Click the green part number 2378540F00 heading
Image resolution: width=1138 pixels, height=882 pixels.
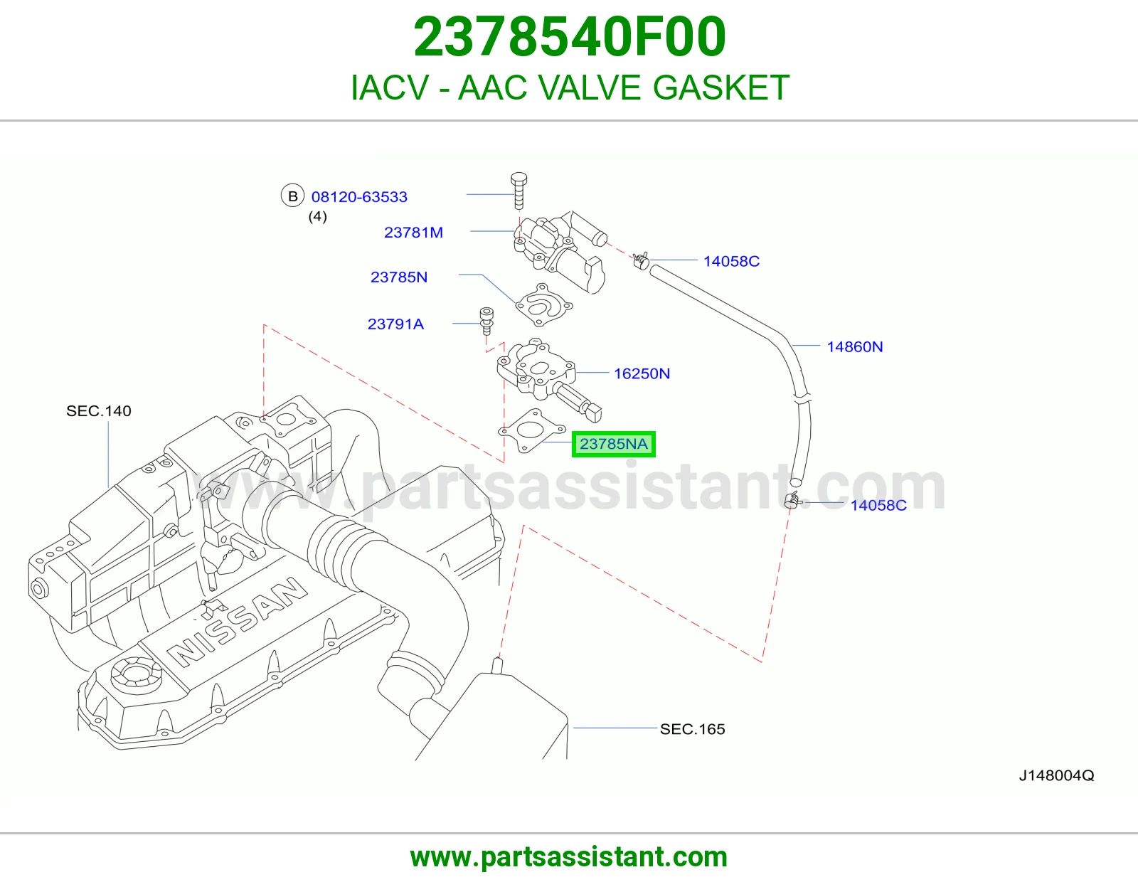(x=569, y=37)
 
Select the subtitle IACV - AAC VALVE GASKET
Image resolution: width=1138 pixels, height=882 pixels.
(x=570, y=87)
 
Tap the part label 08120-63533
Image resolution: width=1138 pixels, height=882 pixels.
(x=359, y=197)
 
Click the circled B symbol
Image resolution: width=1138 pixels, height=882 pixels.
(x=293, y=196)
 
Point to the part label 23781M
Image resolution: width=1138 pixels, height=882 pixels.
(x=414, y=233)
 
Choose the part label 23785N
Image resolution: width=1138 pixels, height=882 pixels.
(x=399, y=277)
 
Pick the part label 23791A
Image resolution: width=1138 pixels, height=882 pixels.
(x=395, y=324)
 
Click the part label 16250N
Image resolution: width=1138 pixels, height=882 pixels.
(x=642, y=373)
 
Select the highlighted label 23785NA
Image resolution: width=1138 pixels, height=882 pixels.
(x=613, y=444)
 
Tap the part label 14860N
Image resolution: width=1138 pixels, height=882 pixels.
(x=855, y=346)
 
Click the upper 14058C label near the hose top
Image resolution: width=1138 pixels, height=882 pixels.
(x=731, y=261)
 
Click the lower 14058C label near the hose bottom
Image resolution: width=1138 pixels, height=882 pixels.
(x=878, y=506)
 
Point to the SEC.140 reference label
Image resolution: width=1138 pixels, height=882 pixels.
(x=98, y=410)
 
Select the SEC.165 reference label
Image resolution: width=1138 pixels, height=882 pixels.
(x=692, y=729)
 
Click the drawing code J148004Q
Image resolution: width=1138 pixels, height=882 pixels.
(x=1056, y=776)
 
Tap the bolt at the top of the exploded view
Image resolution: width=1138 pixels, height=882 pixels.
(x=519, y=191)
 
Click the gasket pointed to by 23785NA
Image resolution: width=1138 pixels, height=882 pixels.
(x=531, y=431)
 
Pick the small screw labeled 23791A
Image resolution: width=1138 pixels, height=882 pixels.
(x=486, y=321)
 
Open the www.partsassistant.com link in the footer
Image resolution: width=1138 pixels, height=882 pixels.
(x=569, y=857)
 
